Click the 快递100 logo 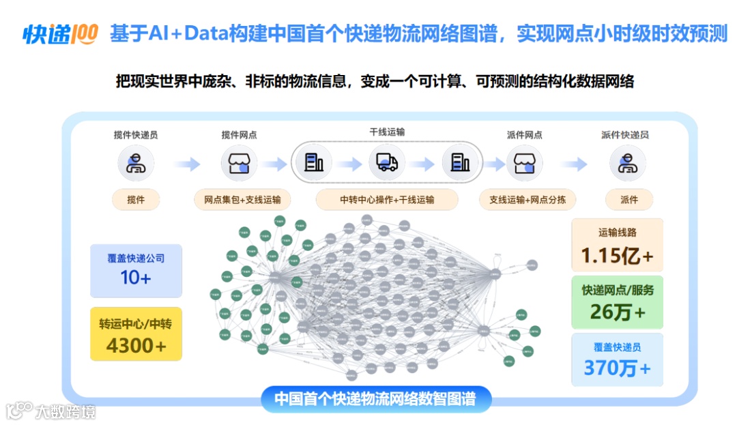pyautogui.click(x=61, y=33)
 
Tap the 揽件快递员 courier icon pyautogui.click(x=136, y=164)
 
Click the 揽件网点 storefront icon pyautogui.click(x=239, y=164)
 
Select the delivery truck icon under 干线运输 pyautogui.click(x=387, y=163)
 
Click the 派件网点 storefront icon pyautogui.click(x=525, y=164)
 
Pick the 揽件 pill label pyautogui.click(x=136, y=200)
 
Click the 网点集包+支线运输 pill pyautogui.click(x=242, y=200)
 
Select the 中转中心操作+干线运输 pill pyautogui.click(x=387, y=200)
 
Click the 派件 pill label pyautogui.click(x=628, y=200)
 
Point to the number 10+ pyautogui.click(x=136, y=278)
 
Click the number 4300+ pyautogui.click(x=136, y=345)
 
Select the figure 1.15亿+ pyautogui.click(x=617, y=256)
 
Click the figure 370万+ pyautogui.click(x=617, y=368)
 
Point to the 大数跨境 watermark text pyautogui.click(x=66, y=411)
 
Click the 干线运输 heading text pyautogui.click(x=387, y=132)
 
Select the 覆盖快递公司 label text pyautogui.click(x=136, y=259)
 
